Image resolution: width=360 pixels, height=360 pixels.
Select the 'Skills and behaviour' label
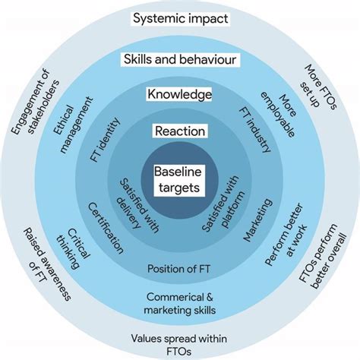coord(180,59)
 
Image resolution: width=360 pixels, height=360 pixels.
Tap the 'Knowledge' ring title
coord(180,95)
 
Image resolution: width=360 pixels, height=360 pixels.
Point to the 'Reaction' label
coord(180,131)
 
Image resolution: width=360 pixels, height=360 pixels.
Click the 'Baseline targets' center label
coord(180,179)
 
